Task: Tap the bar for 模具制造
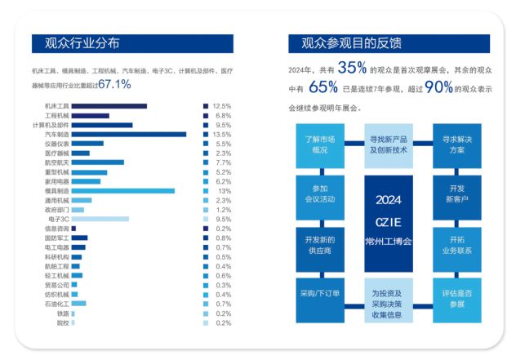tap(123, 191)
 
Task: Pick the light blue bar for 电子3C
tap(100, 219)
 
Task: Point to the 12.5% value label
tap(222, 106)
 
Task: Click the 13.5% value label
tap(222, 135)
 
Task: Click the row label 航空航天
tap(57, 162)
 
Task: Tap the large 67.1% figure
tap(114, 84)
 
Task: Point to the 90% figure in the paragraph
tap(438, 88)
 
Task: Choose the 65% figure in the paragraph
tap(324, 88)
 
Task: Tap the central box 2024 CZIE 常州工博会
tap(389, 220)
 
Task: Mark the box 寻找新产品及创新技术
tap(389, 144)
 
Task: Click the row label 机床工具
tap(57, 106)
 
